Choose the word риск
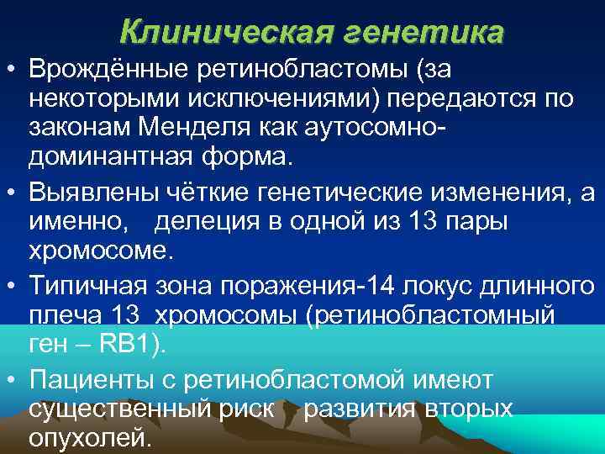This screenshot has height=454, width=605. click(x=250, y=410)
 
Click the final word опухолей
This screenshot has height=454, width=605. click(x=91, y=438)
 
